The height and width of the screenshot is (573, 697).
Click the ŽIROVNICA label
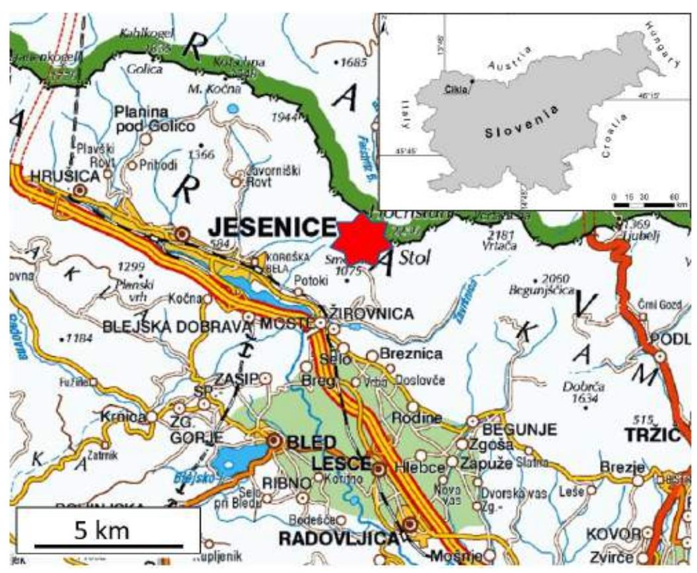coord(367,314)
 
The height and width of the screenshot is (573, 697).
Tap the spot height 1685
coord(350,63)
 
